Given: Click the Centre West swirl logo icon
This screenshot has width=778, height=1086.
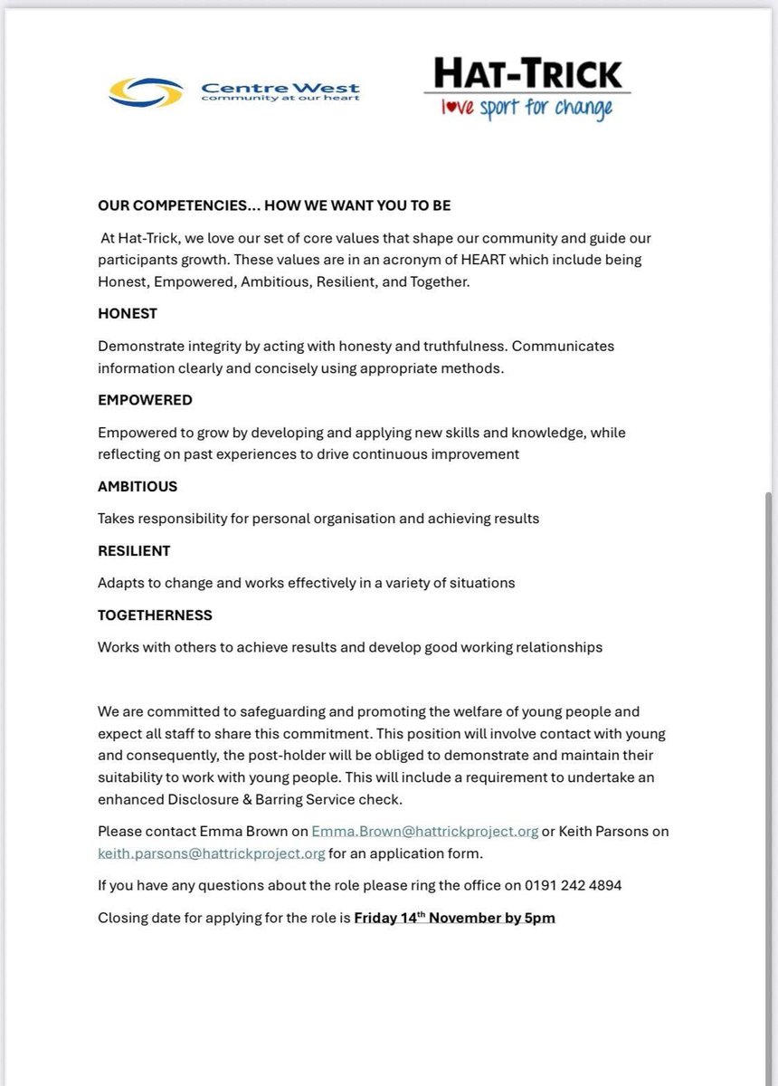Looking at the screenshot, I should tap(147, 91).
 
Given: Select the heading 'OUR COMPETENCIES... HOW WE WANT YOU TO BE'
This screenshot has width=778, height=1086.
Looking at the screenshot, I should tap(274, 205).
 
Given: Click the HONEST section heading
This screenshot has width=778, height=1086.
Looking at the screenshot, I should tap(128, 313).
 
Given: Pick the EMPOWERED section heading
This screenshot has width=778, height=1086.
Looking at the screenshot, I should tap(145, 400).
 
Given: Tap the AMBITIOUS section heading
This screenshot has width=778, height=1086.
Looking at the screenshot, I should tap(138, 486).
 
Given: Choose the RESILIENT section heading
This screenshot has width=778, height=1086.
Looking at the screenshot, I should tap(134, 550).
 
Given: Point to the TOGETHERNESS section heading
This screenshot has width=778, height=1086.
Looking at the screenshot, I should tap(155, 615).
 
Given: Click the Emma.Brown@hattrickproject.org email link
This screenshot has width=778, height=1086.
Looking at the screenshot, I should tap(424, 831).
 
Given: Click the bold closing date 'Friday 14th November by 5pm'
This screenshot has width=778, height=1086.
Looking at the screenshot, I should tap(454, 918).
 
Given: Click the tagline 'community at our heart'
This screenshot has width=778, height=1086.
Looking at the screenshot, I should tap(280, 98).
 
